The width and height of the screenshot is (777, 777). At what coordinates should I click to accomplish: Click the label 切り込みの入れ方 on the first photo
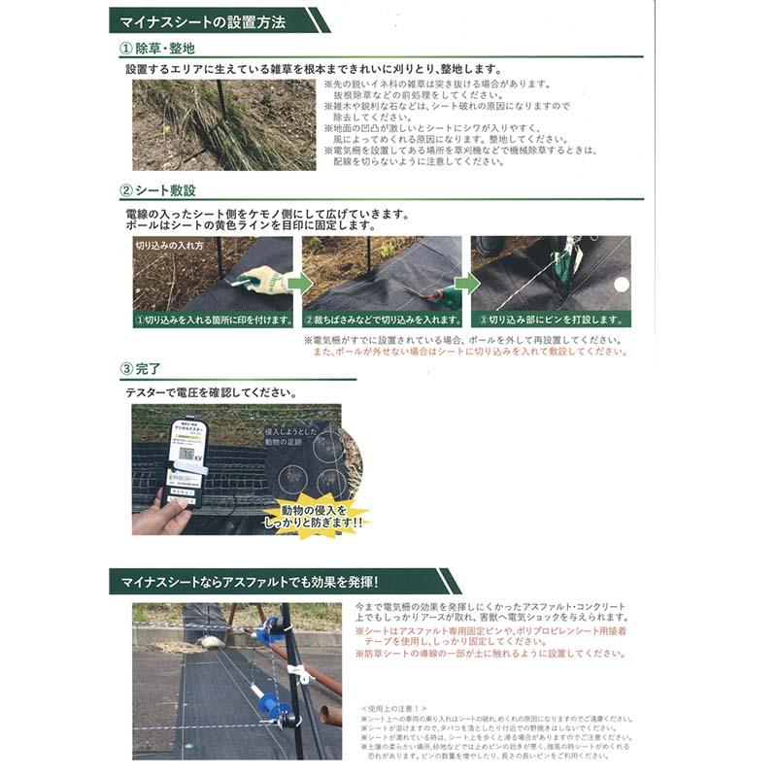(171, 246)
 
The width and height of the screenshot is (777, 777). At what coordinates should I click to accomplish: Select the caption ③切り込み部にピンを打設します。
(552, 319)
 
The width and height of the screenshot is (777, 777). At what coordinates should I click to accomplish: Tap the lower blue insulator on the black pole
(269, 701)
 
